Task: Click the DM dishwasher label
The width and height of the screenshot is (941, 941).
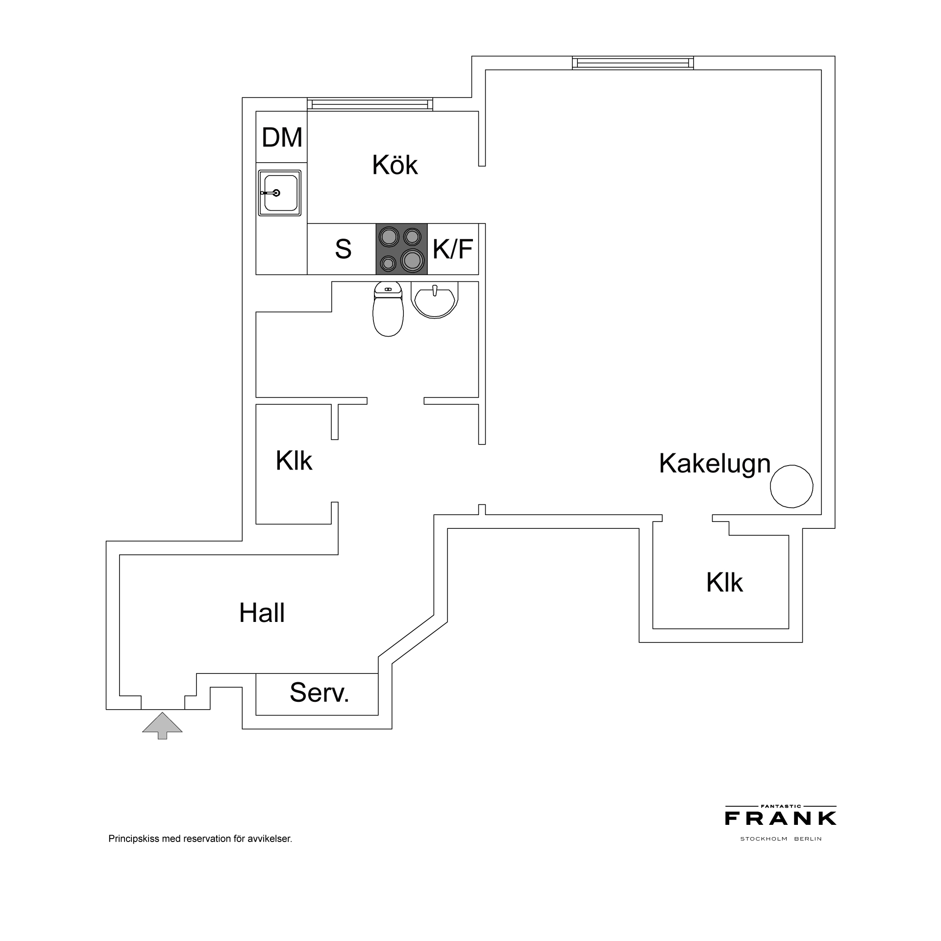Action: pos(282,137)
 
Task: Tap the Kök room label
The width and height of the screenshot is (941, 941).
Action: pos(395,165)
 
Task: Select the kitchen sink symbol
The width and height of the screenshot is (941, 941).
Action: pos(280,193)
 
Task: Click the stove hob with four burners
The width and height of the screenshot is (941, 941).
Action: pos(401,249)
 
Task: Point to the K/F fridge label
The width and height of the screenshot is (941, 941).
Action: pos(452,248)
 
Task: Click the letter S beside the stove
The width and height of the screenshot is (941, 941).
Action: pos(343,249)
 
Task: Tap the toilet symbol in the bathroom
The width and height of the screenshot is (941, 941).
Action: pos(388,309)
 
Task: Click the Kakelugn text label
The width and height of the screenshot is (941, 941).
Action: pos(715,464)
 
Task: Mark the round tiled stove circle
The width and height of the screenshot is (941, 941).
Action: pos(792,486)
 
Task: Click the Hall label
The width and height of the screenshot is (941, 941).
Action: pos(262,613)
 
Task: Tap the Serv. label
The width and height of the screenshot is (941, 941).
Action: pos(320,693)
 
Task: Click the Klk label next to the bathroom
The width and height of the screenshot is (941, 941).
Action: pos(294,460)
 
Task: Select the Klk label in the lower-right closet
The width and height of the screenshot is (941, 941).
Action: pos(724,582)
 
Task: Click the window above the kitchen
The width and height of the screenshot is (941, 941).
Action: pos(370,104)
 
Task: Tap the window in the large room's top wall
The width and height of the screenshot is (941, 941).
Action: pos(633,63)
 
